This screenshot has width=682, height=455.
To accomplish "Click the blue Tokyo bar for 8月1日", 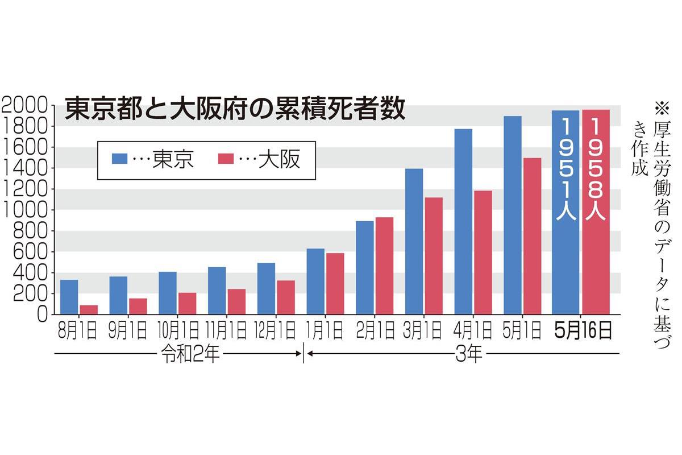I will [x=69, y=297].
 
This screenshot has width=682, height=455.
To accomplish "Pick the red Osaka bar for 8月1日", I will [x=89, y=309].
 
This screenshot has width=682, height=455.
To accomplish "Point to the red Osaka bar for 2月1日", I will [x=384, y=266].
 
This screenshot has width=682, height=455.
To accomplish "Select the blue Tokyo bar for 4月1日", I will [x=463, y=221].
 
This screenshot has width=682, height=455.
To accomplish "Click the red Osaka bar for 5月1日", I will [x=532, y=235].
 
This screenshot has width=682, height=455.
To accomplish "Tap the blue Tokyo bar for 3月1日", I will [x=414, y=241].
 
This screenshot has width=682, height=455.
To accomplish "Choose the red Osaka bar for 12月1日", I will [x=286, y=297].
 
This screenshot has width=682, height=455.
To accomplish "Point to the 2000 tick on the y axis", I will [x=26, y=105].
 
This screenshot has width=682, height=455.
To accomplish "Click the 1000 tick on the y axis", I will [x=26, y=210].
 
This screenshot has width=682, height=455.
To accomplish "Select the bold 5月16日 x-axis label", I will [x=583, y=331].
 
